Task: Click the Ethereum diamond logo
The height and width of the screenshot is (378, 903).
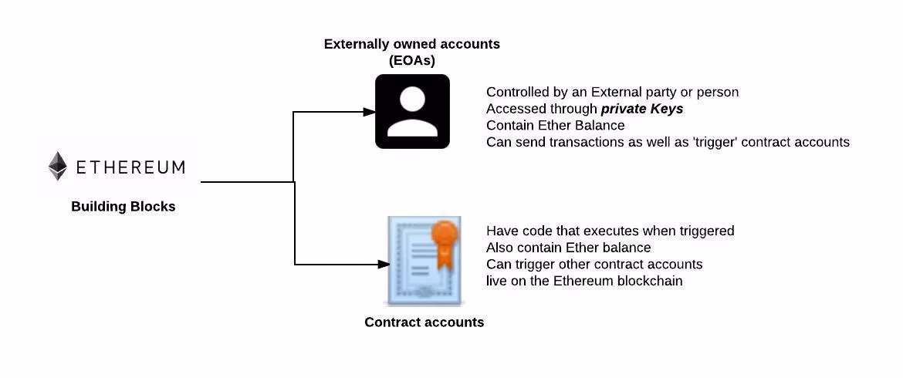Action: [58, 166]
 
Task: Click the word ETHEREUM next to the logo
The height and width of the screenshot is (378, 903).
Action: [130, 167]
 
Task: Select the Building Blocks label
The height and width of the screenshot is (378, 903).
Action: [123, 207]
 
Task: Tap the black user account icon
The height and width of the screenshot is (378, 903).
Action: [412, 111]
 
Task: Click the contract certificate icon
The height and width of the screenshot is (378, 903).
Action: [424, 261]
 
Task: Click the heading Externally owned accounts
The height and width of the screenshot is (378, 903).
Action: [411, 44]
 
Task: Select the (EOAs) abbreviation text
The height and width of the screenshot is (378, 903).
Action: [412, 60]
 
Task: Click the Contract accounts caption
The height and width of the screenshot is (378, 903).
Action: [424, 322]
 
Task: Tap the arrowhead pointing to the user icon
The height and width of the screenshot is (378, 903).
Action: [369, 112]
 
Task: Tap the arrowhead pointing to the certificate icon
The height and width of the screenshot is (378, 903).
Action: [383, 265]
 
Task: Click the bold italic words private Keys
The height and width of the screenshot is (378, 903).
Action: [642, 109]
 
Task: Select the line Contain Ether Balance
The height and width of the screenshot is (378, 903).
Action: [555, 125]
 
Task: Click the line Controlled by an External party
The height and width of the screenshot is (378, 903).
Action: [612, 92]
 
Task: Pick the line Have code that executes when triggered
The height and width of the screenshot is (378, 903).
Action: [610, 231]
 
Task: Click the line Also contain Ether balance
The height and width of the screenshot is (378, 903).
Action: [568, 248]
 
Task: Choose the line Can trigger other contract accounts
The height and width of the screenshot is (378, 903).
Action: [594, 265]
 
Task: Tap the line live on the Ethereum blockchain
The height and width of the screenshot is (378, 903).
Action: [584, 281]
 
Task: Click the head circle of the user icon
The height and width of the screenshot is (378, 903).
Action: [412, 100]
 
